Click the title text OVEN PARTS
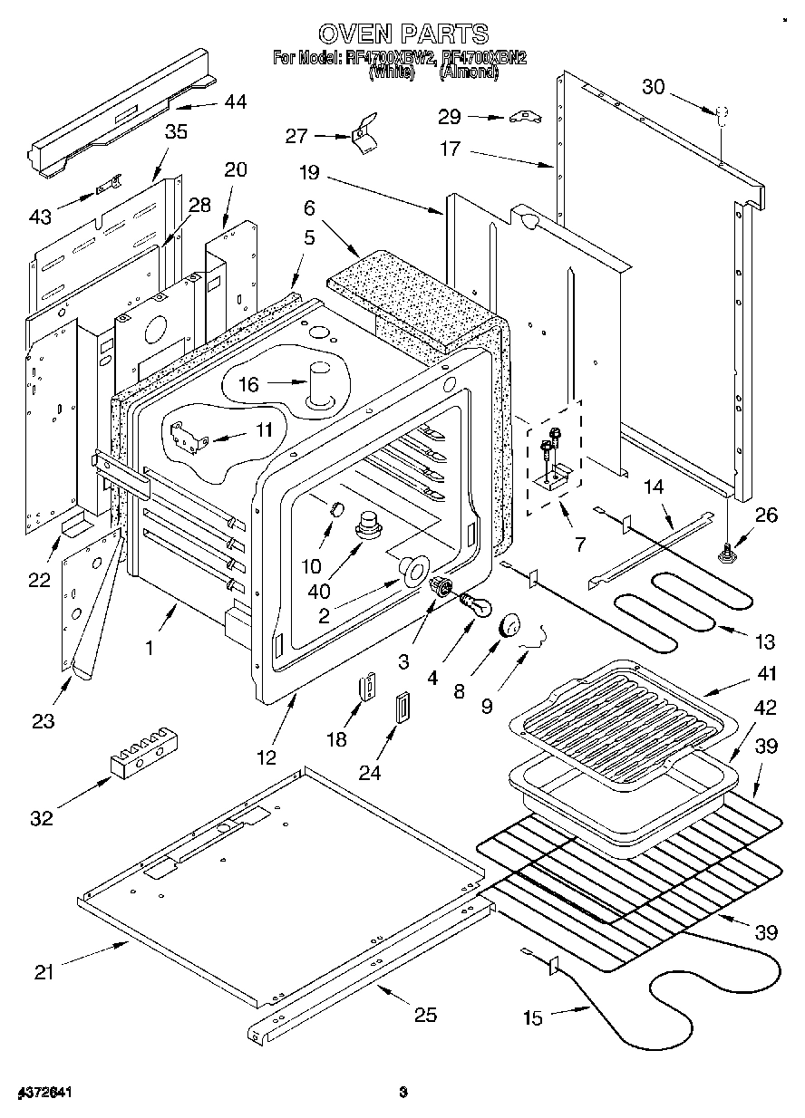402,34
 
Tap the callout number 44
235,102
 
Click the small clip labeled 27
364,131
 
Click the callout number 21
44,973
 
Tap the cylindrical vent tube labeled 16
321,384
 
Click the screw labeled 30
723,115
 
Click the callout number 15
532,1018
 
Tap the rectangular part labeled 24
400,707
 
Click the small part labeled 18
367,688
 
